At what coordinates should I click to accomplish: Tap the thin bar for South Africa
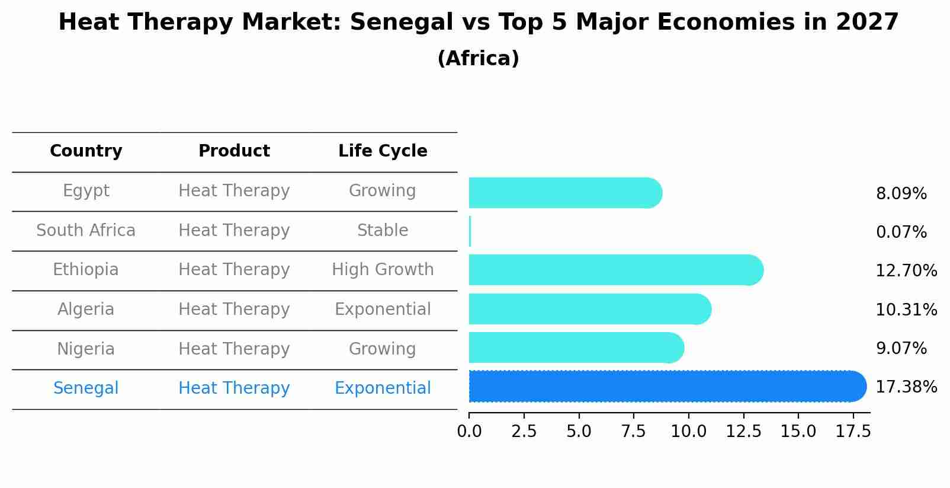pyautogui.click(x=470, y=231)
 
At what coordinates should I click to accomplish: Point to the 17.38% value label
pyautogui.click(x=906, y=387)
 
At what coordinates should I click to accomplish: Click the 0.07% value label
pyautogui.click(x=901, y=232)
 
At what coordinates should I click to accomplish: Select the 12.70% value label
pyautogui.click(x=906, y=271)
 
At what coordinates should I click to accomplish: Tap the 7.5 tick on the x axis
pyautogui.click(x=633, y=432)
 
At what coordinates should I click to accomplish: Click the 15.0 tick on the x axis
pyautogui.click(x=798, y=432)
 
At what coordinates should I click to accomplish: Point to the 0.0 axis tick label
pyautogui.click(x=469, y=432)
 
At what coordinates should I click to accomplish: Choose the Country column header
pyautogui.click(x=86, y=151)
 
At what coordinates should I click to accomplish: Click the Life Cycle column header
pyautogui.click(x=383, y=151)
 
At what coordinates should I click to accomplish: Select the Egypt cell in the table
pyautogui.click(x=86, y=191)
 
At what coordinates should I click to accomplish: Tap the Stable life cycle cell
pyautogui.click(x=383, y=231)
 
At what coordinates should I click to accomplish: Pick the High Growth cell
pyautogui.click(x=383, y=270)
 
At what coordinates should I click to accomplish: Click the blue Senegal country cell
pyautogui.click(x=86, y=388)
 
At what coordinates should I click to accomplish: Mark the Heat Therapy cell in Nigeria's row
pyautogui.click(x=234, y=349)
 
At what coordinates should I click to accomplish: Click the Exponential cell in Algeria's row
pyautogui.click(x=383, y=310)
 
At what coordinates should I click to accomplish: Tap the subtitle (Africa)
pyautogui.click(x=478, y=59)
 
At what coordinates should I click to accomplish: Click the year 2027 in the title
pyautogui.click(x=867, y=23)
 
